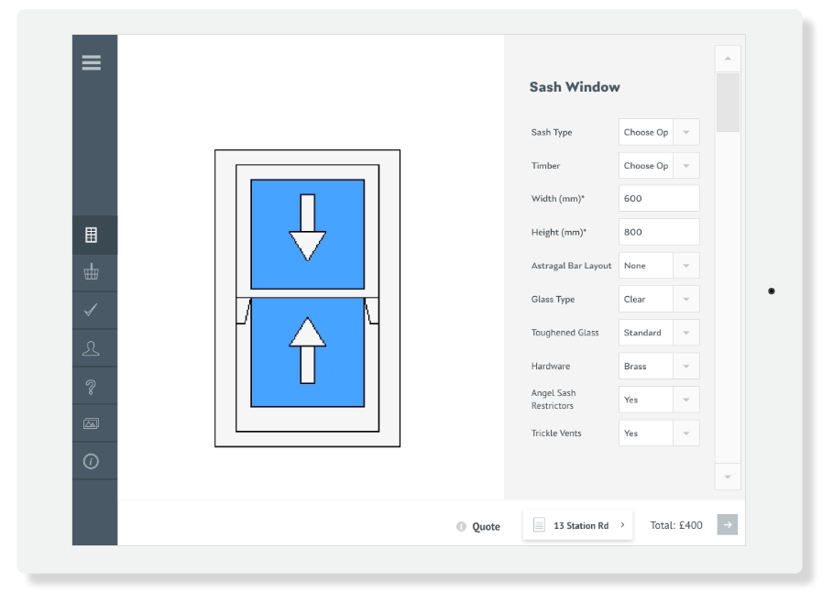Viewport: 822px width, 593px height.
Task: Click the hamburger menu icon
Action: click(x=92, y=62)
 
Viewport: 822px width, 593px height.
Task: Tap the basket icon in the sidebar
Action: click(x=92, y=271)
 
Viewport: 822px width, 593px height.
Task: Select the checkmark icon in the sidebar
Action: click(x=91, y=310)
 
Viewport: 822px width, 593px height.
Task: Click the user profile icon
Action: click(x=91, y=348)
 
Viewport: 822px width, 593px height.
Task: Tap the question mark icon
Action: click(x=91, y=387)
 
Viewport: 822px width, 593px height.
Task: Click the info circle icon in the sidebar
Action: click(x=91, y=461)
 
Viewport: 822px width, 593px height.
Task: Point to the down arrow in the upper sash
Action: click(x=308, y=227)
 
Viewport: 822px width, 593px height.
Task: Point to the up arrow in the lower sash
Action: click(x=308, y=350)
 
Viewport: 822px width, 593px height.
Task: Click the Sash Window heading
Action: click(x=575, y=87)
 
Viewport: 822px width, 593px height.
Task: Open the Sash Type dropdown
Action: click(x=659, y=132)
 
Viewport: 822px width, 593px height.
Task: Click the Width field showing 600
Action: click(x=659, y=198)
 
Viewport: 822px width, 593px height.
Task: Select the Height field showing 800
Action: click(x=659, y=232)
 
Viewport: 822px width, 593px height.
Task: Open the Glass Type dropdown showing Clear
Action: click(x=659, y=299)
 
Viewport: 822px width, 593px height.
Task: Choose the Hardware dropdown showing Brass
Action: click(x=659, y=366)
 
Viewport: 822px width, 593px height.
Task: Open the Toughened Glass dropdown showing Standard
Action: click(x=659, y=333)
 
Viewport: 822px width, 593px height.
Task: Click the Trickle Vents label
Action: click(x=556, y=434)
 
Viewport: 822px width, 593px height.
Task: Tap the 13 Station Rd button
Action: click(x=577, y=525)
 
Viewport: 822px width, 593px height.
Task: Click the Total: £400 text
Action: click(x=676, y=525)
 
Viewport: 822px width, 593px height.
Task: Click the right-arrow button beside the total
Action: click(x=727, y=525)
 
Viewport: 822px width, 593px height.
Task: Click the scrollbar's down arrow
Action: click(x=728, y=477)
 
